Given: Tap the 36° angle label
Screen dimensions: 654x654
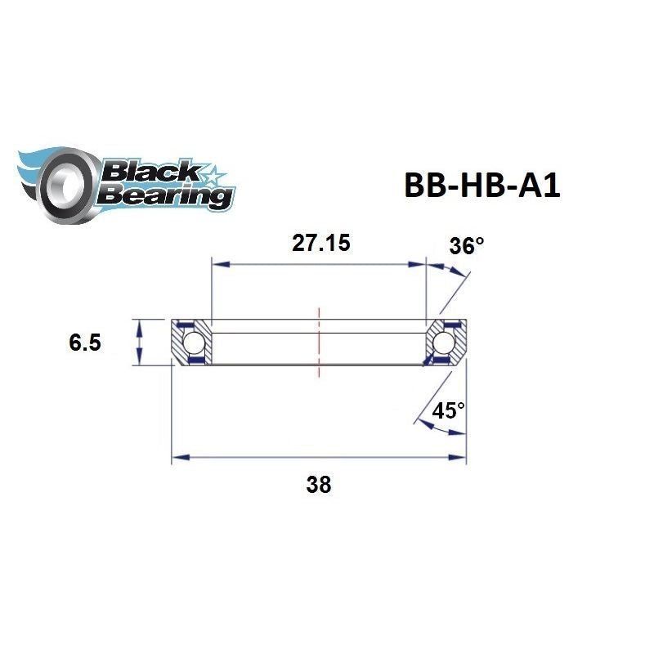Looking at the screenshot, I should click(x=467, y=245).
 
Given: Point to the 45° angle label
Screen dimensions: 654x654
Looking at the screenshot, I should click(x=449, y=410).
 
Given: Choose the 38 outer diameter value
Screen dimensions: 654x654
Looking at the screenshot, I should click(x=319, y=485).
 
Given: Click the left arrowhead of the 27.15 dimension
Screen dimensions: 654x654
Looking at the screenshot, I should click(x=217, y=264).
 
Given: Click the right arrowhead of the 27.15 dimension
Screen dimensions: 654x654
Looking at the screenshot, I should click(x=420, y=264).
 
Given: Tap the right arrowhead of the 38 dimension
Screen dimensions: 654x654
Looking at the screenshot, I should click(x=459, y=458).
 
